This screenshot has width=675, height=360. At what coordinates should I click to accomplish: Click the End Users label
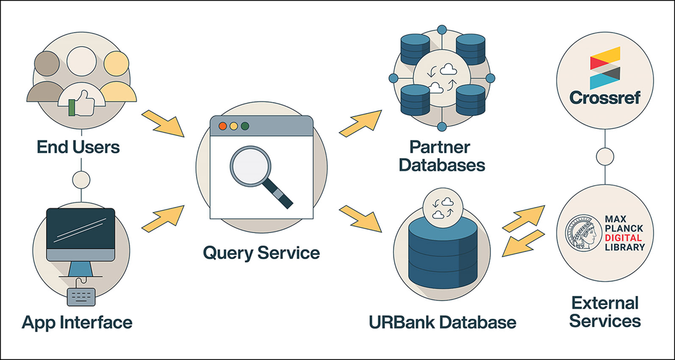coord(78,147)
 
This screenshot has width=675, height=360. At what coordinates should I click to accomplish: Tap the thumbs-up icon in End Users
coord(81,103)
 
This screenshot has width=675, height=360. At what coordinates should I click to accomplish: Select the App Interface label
coord(77,322)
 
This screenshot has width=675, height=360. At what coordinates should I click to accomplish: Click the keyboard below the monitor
coord(81,298)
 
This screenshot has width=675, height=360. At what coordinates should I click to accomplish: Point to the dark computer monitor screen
coord(81,229)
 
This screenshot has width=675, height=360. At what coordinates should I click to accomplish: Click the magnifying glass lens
coord(250,166)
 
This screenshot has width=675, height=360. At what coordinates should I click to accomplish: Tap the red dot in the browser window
coord(222,126)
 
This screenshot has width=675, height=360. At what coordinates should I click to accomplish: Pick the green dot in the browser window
coord(245,126)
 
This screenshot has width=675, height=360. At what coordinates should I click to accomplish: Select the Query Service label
coord(262,252)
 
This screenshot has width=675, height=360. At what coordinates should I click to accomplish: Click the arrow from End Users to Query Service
coord(163,123)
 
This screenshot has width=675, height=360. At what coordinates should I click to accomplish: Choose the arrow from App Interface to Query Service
coord(163,218)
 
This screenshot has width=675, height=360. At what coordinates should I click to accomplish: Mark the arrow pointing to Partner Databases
coord(360,123)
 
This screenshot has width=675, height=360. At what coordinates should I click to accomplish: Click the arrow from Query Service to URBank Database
coord(360,218)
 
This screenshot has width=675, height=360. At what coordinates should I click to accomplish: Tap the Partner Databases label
coord(441,156)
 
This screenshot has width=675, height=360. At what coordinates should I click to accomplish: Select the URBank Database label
coord(443,322)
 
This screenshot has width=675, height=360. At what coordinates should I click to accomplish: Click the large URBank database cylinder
coord(443,253)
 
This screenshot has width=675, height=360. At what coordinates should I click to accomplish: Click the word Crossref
coord(605,98)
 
